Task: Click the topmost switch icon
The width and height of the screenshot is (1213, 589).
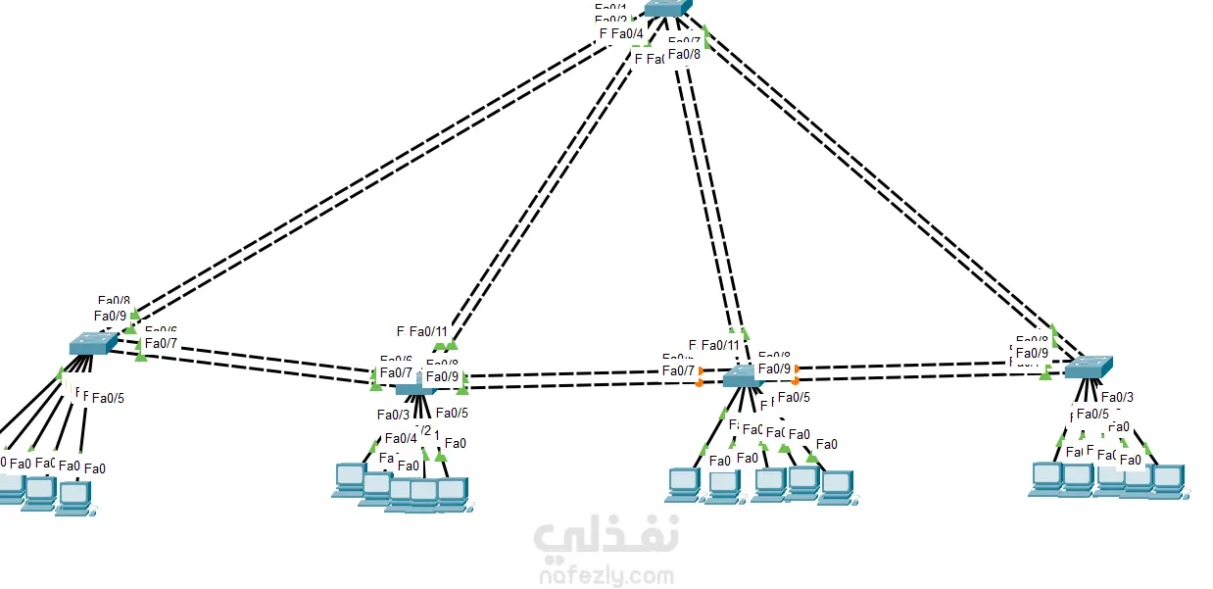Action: click(x=667, y=8)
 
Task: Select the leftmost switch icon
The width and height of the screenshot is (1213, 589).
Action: click(x=93, y=343)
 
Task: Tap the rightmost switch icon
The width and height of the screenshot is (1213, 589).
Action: click(x=1088, y=368)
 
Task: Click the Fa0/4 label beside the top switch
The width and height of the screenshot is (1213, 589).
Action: click(x=627, y=34)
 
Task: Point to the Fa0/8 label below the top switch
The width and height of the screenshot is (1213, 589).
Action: click(x=684, y=54)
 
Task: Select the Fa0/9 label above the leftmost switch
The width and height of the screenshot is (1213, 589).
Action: click(x=110, y=316)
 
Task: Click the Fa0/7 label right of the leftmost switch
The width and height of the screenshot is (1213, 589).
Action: click(x=161, y=343)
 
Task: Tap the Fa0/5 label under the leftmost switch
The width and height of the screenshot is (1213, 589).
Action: click(x=108, y=398)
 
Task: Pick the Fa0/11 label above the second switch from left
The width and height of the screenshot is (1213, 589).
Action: click(x=428, y=331)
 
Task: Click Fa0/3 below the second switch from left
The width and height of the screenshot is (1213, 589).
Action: click(x=394, y=415)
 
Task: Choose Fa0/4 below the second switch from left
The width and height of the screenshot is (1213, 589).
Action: click(x=401, y=438)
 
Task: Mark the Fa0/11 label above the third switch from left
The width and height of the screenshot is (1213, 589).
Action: click(x=720, y=345)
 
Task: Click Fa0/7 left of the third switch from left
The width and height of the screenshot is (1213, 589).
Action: click(x=678, y=370)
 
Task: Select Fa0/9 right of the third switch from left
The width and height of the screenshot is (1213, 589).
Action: click(x=774, y=369)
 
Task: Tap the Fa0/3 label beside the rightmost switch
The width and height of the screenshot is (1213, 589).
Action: click(x=1117, y=397)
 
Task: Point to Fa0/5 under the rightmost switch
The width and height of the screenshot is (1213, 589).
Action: click(x=1092, y=414)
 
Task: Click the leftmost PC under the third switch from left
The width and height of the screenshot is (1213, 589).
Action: click(x=684, y=483)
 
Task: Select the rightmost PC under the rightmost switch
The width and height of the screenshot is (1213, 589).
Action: click(x=1167, y=479)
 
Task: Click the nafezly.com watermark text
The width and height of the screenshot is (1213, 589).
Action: click(x=606, y=575)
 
